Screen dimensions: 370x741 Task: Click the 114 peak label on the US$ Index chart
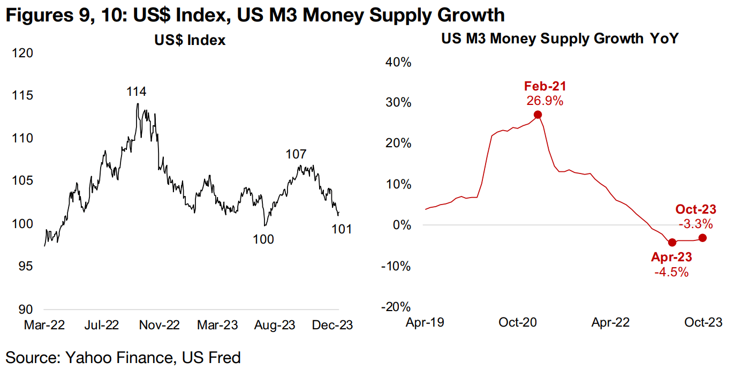click(137, 92)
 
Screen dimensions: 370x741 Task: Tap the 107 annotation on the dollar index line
click(296, 154)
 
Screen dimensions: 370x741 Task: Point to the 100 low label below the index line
click(263, 239)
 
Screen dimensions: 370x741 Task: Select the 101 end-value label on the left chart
click(342, 229)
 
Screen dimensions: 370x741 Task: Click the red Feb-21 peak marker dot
click(538, 115)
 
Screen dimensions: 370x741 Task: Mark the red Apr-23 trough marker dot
click(672, 243)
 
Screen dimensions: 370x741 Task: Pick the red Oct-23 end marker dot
click(702, 238)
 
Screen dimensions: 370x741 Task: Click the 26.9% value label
click(545, 101)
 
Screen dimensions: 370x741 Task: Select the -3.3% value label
click(694, 223)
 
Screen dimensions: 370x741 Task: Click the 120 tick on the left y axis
click(22, 53)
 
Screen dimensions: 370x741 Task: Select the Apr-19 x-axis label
click(425, 322)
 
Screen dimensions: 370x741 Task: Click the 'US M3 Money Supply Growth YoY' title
click(559, 39)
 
